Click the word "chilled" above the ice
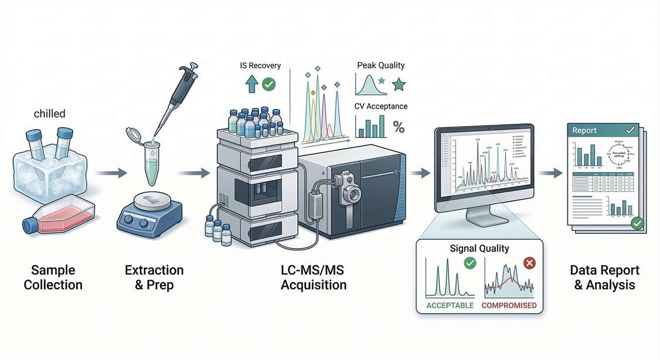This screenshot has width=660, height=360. tap(49, 113)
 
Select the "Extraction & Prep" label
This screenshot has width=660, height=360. tap(154, 277)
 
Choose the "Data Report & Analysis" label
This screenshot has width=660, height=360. tap(604, 277)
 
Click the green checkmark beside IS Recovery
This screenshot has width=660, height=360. tap(268, 85)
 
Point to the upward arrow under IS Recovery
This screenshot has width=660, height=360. tap(251, 86)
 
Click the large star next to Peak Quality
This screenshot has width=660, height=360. tap(399, 85)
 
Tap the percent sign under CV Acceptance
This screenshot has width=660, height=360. tap(399, 127)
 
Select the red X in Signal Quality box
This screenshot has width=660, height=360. tap(529, 263)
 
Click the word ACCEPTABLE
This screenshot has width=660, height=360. tap(450, 305)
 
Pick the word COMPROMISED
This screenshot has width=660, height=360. tap(508, 305)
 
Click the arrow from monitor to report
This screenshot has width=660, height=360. tap(549, 173)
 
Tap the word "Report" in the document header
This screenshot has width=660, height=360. tap(585, 131)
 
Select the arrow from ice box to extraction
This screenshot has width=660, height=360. tap(111, 173)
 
